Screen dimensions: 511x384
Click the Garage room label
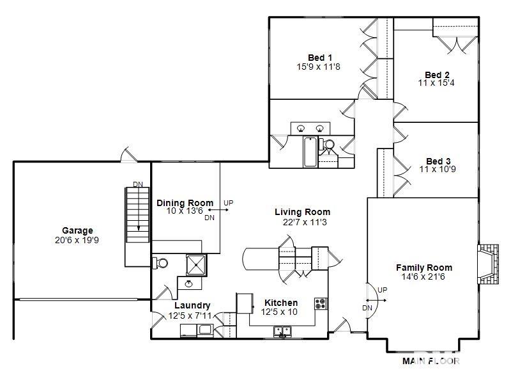(x=77, y=230)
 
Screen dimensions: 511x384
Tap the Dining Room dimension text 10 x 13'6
(x=185, y=211)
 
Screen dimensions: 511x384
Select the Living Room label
(x=302, y=212)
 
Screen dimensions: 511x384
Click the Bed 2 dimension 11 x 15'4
(x=436, y=83)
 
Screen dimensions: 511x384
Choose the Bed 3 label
(x=438, y=161)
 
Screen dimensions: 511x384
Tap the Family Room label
(x=424, y=268)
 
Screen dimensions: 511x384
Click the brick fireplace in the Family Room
(x=488, y=264)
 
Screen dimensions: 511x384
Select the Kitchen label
(x=281, y=303)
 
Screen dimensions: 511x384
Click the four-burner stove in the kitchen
(x=321, y=303)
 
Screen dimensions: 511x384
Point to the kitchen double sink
(x=282, y=331)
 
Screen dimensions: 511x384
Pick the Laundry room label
(x=192, y=306)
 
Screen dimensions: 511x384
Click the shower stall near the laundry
(x=196, y=265)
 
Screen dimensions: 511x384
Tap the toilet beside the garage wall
(x=160, y=263)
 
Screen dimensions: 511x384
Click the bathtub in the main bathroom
(x=310, y=152)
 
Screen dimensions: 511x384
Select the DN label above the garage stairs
(x=138, y=184)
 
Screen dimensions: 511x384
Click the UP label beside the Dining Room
(x=229, y=203)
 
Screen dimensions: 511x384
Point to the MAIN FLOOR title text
(x=431, y=361)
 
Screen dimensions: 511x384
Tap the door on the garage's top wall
(x=130, y=155)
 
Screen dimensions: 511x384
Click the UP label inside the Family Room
(x=382, y=290)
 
